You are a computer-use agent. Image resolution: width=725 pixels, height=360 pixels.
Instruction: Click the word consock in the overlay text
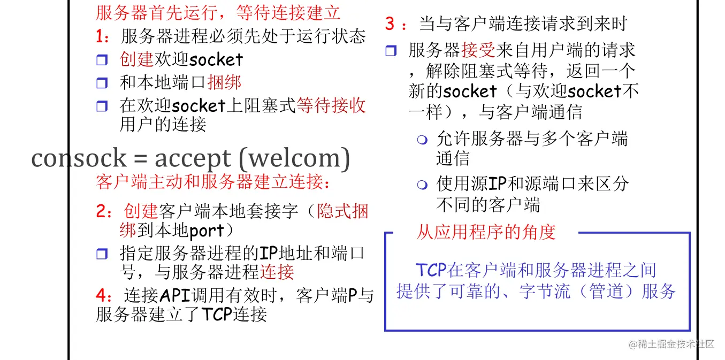pyautogui.click(x=79, y=158)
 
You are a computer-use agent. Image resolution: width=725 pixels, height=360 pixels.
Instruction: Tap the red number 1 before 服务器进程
pyautogui.click(x=101, y=36)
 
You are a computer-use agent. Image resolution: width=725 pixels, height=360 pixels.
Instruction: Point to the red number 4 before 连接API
pyautogui.click(x=101, y=295)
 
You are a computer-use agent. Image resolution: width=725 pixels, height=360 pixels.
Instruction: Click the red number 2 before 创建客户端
pyautogui.click(x=101, y=211)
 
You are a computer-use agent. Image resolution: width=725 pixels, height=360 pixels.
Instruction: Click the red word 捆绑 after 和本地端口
pyautogui.click(x=224, y=82)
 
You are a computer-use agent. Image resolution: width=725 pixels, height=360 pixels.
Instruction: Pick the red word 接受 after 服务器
pyautogui.click(x=479, y=50)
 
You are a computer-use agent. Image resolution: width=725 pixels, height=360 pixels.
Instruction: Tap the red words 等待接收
pyautogui.click(x=331, y=105)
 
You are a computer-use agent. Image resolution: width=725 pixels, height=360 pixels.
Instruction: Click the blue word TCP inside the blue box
pyautogui.click(x=431, y=270)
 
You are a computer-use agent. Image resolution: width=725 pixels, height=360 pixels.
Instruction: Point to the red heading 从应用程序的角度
pyautogui.click(x=486, y=232)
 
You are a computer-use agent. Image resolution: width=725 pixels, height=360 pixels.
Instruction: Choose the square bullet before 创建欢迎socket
pyautogui.click(x=102, y=60)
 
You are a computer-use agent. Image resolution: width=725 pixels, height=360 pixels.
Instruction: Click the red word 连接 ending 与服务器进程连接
pyautogui.click(x=277, y=272)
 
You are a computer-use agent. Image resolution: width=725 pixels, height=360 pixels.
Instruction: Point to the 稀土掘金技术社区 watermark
pyautogui.click(x=672, y=344)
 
